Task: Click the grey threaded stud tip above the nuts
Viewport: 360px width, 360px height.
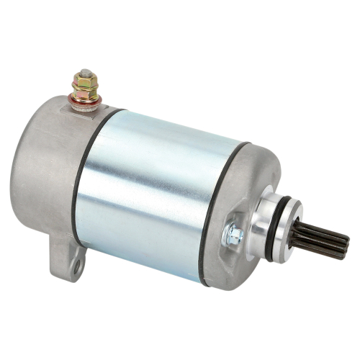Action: pyautogui.click(x=86, y=73)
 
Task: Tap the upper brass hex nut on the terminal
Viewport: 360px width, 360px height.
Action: pyautogui.click(x=86, y=84)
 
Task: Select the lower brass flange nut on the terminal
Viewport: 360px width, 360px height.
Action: pyautogui.click(x=86, y=93)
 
